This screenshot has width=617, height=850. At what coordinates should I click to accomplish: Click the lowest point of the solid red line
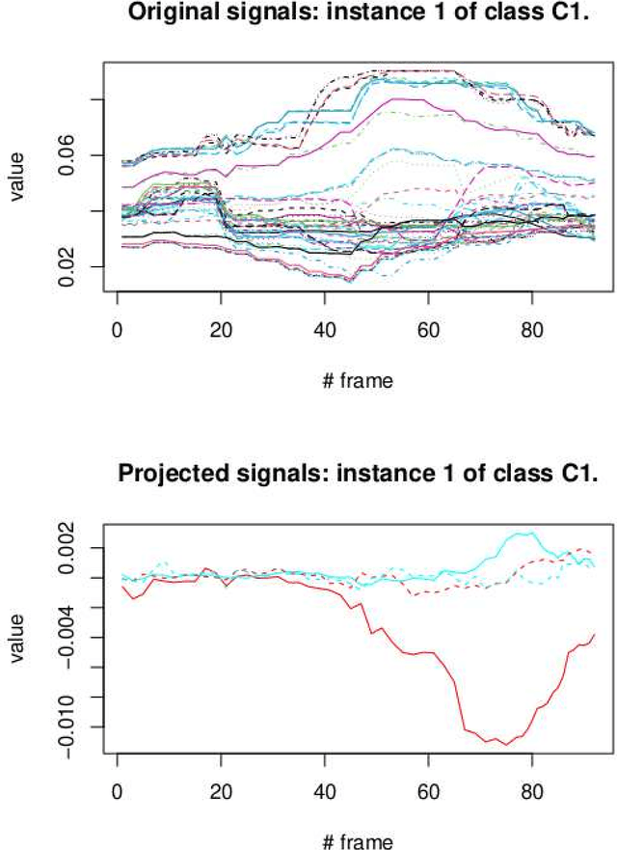(x=506, y=745)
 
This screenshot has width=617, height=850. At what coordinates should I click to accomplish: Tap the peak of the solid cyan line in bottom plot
(x=527, y=533)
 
